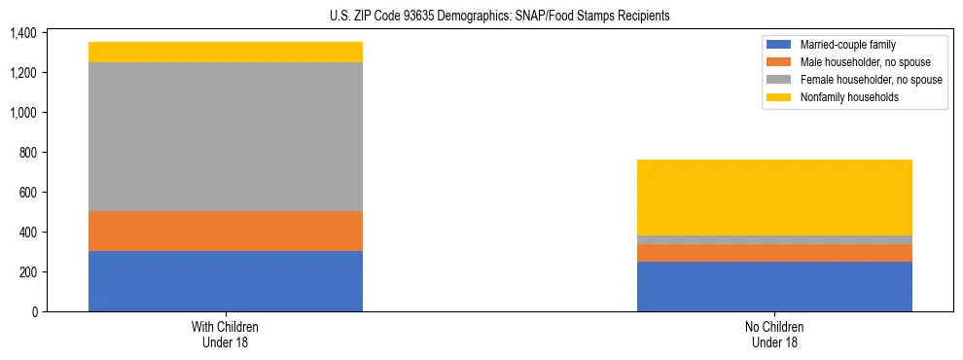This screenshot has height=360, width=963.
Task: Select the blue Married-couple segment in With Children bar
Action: (226, 281)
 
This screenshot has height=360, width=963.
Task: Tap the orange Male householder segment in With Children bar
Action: (226, 232)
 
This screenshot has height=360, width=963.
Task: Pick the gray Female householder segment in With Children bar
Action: (226, 137)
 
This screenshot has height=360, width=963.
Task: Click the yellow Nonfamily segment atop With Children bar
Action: (226, 53)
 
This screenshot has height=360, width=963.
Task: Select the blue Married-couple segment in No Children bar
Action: (774, 286)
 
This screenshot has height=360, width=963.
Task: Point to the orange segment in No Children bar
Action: (774, 253)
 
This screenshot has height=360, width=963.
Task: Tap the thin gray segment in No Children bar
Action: (774, 239)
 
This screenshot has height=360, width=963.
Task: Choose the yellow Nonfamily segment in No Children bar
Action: (774, 198)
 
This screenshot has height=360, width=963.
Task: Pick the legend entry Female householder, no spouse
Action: (870, 80)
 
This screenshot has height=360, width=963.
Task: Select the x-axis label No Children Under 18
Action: (774, 335)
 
